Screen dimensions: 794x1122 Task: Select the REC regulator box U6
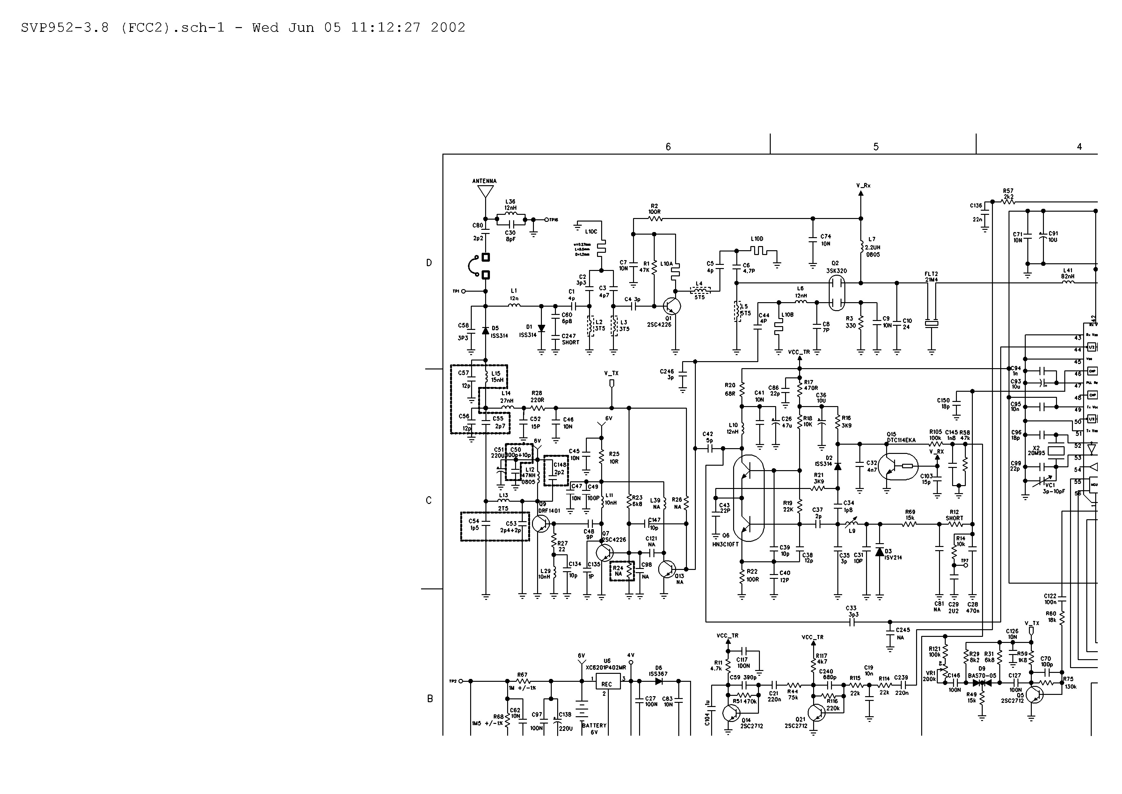tap(607, 684)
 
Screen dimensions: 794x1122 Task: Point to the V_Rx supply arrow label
tap(863, 186)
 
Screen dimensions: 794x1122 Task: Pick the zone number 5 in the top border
tap(876, 147)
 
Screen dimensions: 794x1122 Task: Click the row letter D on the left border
tap(429, 263)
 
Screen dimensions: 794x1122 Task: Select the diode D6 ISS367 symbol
tap(659, 681)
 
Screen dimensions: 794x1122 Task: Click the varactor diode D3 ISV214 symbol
tap(879, 552)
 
